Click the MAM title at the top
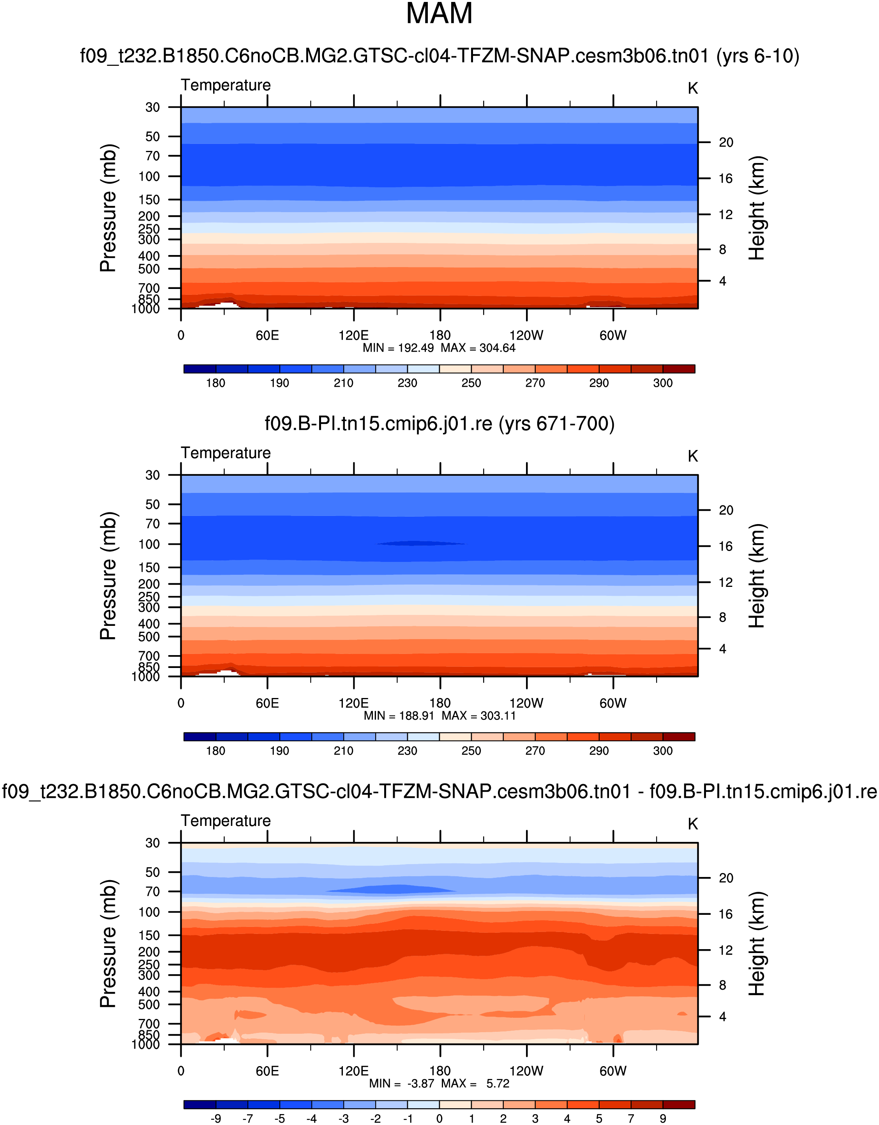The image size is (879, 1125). point(439,14)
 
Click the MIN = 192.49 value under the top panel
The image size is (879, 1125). point(398,348)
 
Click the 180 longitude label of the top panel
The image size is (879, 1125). point(440,336)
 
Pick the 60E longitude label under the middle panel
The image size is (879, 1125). point(267,703)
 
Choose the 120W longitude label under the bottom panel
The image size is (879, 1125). point(526,1072)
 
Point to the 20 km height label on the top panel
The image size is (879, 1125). point(725,143)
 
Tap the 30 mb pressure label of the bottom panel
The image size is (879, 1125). point(152,843)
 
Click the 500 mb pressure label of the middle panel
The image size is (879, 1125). point(149,637)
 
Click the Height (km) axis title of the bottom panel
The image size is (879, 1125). point(757,943)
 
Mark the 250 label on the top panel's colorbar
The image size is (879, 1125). point(471,383)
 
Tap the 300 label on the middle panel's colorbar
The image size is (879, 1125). point(663,751)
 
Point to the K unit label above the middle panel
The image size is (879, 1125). point(693,456)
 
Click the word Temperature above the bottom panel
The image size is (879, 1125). point(226,821)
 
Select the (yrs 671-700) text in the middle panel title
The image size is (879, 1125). point(556,424)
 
